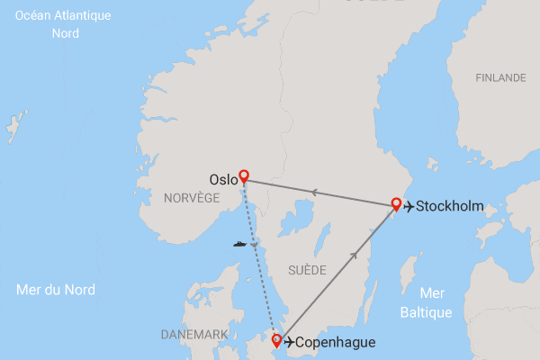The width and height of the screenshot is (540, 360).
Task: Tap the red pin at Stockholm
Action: pos(395,203)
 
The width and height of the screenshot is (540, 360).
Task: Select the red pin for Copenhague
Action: pos(276,339)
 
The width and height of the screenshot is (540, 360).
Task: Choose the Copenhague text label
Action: pos(335,343)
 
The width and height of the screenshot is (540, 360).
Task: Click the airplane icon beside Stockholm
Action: pos(409,207)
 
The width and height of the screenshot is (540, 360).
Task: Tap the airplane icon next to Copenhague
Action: pos(288,342)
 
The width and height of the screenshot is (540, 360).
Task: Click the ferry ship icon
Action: pos(239,243)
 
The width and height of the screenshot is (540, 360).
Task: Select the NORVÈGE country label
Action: pos(193,197)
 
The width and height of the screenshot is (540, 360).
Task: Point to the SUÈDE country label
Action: pos(306,269)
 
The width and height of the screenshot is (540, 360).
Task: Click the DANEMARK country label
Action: pos(193,334)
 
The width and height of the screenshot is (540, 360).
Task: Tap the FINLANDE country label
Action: pos(500,78)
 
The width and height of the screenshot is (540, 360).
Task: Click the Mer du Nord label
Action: pos(56,290)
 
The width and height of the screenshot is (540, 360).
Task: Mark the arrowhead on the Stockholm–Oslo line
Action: pos(314,191)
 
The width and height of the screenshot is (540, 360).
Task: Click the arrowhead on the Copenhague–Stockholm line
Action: pos(355,256)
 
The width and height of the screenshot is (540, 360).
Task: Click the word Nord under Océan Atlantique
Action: pos(66,33)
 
